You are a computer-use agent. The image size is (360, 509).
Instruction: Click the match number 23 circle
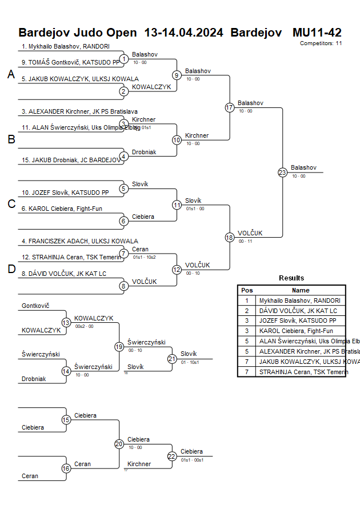click(282, 173)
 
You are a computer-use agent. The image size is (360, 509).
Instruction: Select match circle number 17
click(230, 107)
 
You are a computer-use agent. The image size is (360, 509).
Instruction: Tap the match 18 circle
click(230, 238)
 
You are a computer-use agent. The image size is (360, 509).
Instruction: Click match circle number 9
click(177, 75)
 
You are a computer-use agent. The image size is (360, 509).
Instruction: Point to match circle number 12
click(177, 270)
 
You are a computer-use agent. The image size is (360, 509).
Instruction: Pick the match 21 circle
click(172, 359)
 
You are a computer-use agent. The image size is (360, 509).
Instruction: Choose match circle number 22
click(172, 456)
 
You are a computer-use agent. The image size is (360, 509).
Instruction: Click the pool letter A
click(11, 74)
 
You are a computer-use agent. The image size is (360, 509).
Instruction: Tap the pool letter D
click(11, 269)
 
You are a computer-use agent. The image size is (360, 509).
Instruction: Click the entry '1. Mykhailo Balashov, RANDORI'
click(65, 47)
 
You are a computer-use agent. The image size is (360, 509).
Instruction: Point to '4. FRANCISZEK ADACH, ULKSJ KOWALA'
click(79, 241)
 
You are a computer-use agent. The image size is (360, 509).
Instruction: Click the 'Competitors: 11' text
click(321, 43)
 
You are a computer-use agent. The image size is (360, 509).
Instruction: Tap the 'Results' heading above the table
click(291, 278)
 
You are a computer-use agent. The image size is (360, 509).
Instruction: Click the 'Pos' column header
click(247, 290)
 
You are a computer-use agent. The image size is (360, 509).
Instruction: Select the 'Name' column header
click(301, 290)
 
